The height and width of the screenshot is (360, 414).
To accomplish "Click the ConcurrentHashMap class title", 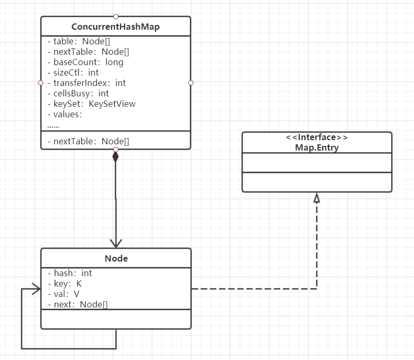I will [x=115, y=27].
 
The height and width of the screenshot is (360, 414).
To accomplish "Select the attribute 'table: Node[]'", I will [x=78, y=41].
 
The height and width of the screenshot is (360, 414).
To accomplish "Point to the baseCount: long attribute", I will [x=85, y=62].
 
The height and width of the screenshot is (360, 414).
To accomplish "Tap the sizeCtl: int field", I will [x=72, y=72].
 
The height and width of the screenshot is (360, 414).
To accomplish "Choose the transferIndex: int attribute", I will [x=86, y=83].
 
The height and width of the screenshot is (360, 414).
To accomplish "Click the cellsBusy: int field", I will [x=78, y=93].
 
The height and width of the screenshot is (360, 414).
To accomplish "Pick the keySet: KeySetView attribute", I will [x=91, y=104].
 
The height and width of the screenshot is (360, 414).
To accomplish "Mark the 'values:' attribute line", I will [x=65, y=114].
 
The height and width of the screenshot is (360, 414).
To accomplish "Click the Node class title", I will [x=116, y=258].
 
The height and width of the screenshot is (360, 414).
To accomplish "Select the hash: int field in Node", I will [x=69, y=273].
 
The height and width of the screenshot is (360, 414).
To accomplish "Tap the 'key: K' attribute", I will [x=64, y=283].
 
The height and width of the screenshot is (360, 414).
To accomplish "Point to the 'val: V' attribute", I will [x=63, y=294].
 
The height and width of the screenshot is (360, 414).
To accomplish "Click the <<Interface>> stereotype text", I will [x=316, y=138].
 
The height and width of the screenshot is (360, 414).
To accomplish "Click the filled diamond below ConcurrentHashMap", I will [x=116, y=156].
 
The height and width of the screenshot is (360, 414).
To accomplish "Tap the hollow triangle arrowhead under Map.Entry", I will [x=316, y=197].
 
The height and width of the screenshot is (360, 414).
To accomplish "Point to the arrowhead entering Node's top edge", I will [x=116, y=243].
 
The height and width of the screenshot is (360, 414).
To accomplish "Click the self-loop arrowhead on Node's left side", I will [x=35, y=289].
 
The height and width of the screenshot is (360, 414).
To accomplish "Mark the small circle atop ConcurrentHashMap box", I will [x=116, y=16].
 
